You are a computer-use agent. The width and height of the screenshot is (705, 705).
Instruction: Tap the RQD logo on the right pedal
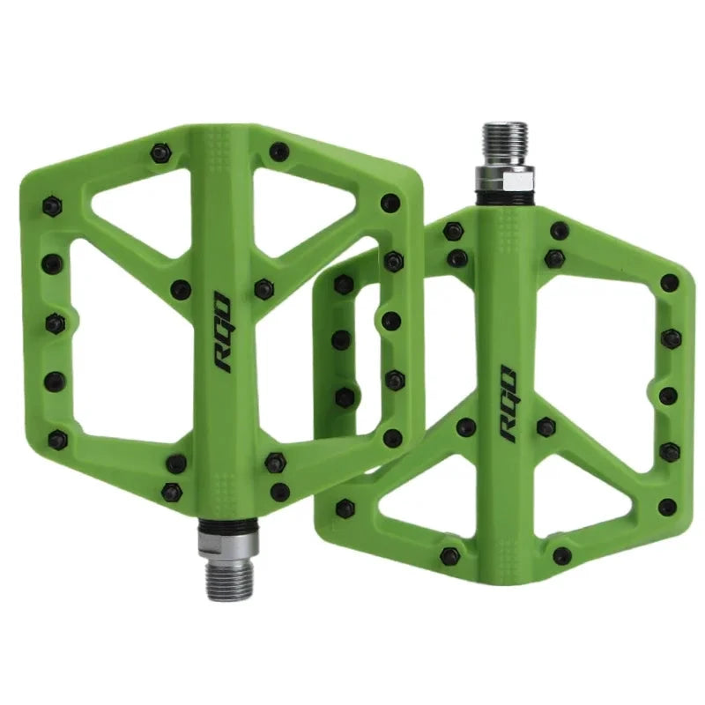click(509, 404)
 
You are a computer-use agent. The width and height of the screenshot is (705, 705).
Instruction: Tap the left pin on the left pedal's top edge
click(160, 153)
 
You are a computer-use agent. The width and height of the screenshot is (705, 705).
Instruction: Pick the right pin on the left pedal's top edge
click(278, 151)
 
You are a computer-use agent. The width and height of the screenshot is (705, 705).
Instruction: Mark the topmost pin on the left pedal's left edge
click(52, 206)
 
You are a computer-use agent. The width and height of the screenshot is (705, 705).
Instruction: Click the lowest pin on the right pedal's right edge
click(667, 507)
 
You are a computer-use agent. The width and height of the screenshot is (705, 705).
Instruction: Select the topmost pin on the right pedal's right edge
click(670, 283)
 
